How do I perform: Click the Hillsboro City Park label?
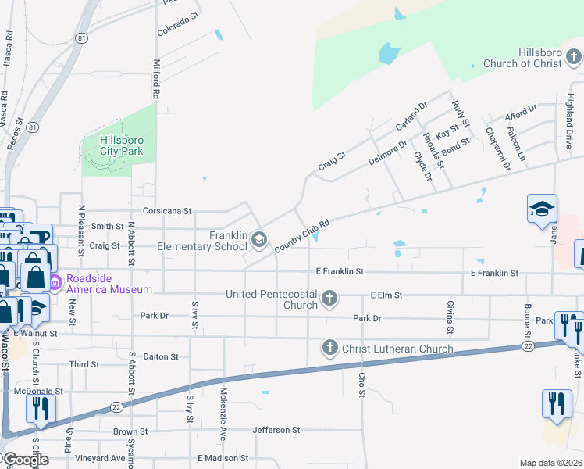point(121,145)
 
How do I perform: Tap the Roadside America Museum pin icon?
point(55,282)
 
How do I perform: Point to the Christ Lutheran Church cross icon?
point(329,348)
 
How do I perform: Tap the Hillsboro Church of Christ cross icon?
point(574,57)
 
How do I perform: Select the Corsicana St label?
point(167,211)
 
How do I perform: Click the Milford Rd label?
point(156,78)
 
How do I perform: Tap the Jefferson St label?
point(276,430)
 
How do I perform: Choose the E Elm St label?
point(386,295)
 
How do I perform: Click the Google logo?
point(25,460)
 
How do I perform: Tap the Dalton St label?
point(162,356)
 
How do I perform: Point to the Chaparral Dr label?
point(497,149)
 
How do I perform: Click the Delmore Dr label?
point(387,152)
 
